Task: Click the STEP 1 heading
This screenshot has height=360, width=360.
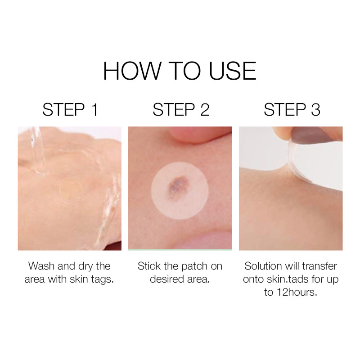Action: tap(70, 110)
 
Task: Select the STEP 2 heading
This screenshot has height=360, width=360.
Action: tap(180, 110)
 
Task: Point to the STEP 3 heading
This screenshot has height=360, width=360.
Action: tap(291, 110)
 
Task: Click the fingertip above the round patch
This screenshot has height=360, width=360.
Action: tap(198, 135)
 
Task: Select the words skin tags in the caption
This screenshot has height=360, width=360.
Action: tap(92, 279)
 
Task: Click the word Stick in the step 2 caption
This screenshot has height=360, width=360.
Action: tap(149, 266)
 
